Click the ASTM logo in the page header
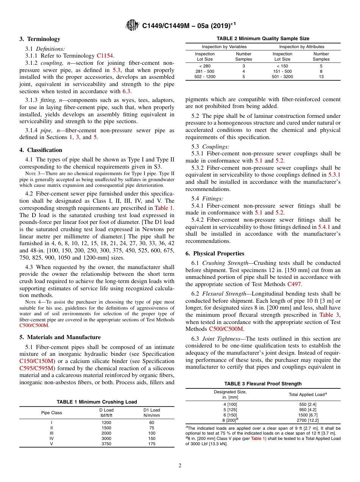tap(133, 25)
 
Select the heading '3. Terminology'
tap(40, 39)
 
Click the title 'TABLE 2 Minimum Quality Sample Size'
tap(263, 39)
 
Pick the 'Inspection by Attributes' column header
tap(302, 47)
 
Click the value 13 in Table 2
tap(321, 77)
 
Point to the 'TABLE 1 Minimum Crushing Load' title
tap(97, 402)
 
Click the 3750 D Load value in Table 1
tap(106, 444)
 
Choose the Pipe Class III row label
tap(52, 433)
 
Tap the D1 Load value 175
tap(152, 444)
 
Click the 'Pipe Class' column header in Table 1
tap(52, 413)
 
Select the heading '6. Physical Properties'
tap(215, 254)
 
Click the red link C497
tap(295, 284)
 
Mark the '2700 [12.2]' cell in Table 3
tap(307, 420)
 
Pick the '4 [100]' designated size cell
tap(230, 404)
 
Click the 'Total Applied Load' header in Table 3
tap(307, 394)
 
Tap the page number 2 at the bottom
tap(180, 466)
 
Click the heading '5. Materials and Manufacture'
tap(60, 337)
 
